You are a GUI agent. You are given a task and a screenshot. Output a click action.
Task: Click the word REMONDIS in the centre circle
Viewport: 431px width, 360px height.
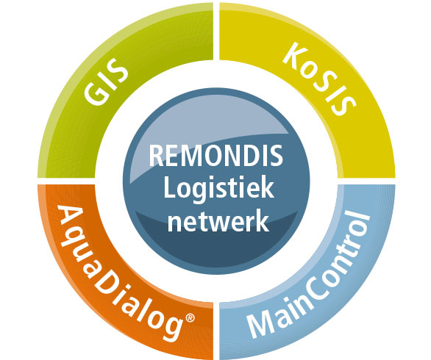(215, 156)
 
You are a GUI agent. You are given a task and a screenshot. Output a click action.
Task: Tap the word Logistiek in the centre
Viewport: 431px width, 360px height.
(218, 190)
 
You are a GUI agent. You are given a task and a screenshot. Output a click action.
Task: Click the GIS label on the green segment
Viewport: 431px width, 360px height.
(106, 82)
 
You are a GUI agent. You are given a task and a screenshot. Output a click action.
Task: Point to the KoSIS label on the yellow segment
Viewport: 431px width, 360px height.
(319, 79)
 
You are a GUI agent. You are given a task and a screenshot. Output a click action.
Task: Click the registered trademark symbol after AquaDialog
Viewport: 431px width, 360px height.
(190, 317)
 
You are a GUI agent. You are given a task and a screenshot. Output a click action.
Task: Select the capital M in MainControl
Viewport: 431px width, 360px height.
(259, 325)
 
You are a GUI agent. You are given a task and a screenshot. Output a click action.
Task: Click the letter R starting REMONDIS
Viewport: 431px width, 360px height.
(156, 156)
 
